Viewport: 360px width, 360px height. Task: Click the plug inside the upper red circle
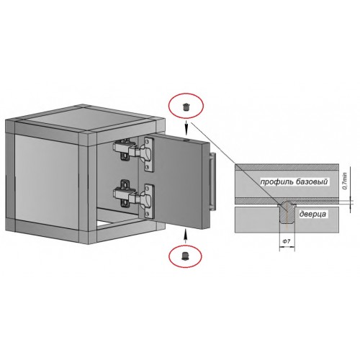[x=186, y=107]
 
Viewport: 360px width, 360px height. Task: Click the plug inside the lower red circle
[x=185, y=256]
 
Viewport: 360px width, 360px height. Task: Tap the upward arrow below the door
[x=185, y=236]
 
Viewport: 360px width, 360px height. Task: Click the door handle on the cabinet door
[x=213, y=181]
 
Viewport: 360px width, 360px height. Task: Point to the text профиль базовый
[x=294, y=181]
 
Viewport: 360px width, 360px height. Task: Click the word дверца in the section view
[x=312, y=214]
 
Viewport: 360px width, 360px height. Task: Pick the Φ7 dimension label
[x=286, y=241]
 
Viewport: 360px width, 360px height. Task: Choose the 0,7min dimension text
[x=345, y=181]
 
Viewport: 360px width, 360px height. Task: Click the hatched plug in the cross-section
[x=287, y=212]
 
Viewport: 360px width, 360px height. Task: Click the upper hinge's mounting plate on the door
[x=149, y=154]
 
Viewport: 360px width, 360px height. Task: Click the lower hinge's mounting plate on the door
[x=149, y=202]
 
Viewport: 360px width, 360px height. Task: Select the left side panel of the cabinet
[x=47, y=181]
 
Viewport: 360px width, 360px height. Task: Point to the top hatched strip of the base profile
[x=287, y=167]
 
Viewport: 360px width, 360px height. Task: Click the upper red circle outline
[x=186, y=94]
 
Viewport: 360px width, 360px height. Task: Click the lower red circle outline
[x=185, y=246]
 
